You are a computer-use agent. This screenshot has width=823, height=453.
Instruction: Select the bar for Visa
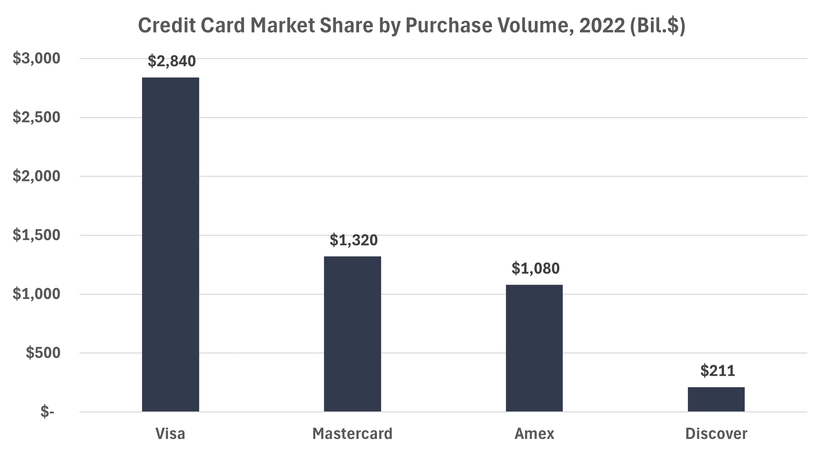170,244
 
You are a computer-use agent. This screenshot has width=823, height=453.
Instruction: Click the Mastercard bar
352,334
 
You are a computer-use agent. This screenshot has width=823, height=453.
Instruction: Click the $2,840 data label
172,61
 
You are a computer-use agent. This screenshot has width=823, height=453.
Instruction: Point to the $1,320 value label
354,240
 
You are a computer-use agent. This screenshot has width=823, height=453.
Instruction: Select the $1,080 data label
536,268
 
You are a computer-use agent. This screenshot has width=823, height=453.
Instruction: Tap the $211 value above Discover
718,371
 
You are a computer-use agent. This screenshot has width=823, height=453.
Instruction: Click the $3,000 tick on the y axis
37,58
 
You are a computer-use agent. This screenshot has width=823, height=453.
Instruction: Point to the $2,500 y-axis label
37,117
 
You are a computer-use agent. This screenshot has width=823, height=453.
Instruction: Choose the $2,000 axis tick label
37,176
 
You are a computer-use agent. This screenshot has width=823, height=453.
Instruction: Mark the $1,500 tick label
37,235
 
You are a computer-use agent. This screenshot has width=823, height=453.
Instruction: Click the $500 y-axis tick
43,352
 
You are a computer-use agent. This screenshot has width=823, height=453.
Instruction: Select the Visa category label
170,434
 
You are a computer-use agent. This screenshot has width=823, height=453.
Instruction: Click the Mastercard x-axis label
352,434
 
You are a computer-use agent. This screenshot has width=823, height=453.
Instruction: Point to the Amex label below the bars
534,434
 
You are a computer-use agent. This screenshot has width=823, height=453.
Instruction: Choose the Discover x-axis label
716,434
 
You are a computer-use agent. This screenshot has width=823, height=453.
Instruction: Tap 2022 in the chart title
602,25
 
